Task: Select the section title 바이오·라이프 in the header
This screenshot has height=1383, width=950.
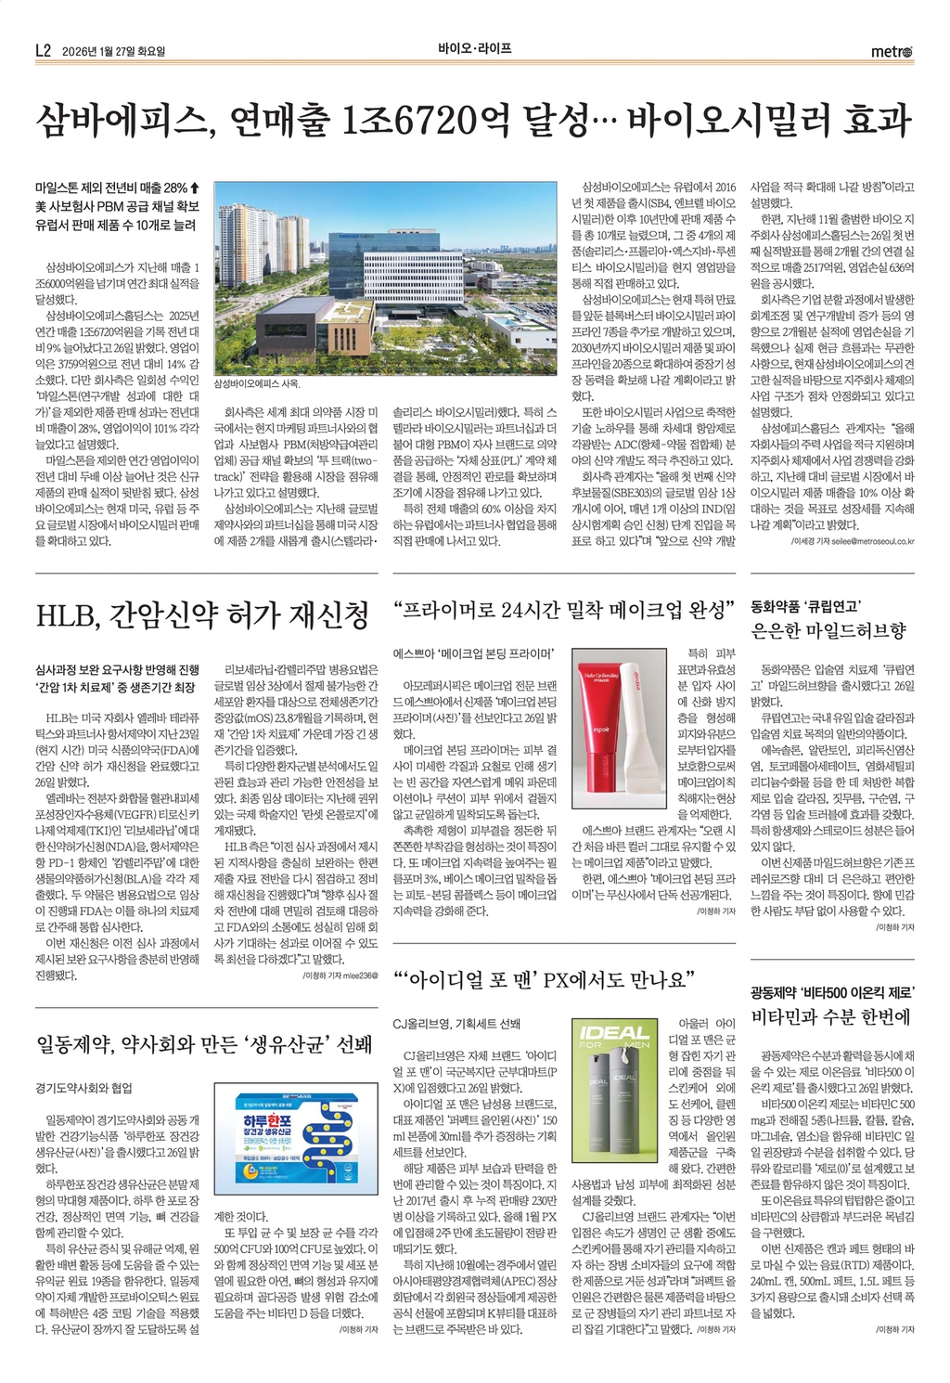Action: [475, 48]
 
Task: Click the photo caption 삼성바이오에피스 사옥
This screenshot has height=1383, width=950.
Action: [257, 383]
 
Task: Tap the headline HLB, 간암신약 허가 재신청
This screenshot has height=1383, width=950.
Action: [202, 614]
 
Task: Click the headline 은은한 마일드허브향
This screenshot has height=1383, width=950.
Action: [828, 631]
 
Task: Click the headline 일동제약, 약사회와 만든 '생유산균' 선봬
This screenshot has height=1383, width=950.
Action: [204, 1044]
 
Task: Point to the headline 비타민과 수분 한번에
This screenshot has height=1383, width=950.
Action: [830, 1016]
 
